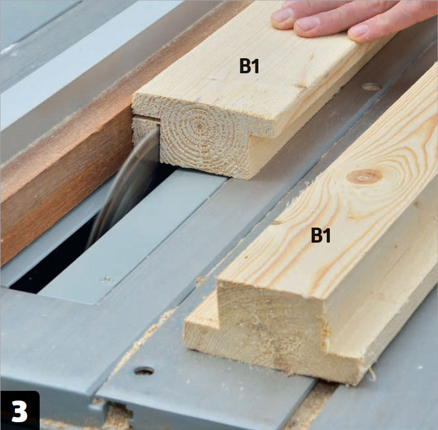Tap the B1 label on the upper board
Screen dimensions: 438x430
[x=249, y=66]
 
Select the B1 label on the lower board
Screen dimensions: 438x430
[x=321, y=235]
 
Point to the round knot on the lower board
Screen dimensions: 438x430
[x=364, y=176]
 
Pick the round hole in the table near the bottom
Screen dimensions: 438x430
[x=144, y=371]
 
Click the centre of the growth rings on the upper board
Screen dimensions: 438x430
[x=199, y=126]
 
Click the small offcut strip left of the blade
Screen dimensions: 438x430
[x=145, y=129]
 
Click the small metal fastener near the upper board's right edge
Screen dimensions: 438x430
[x=371, y=87]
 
